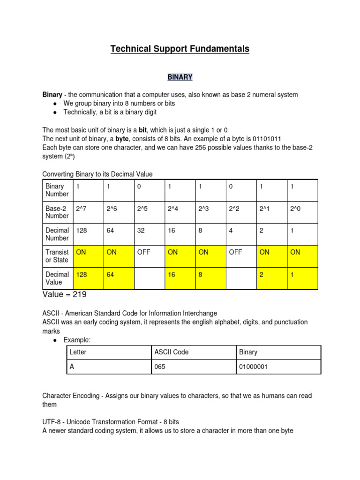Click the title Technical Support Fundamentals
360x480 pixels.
(x=180, y=49)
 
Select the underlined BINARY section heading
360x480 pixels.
(x=180, y=76)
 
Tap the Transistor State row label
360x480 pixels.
(x=57, y=256)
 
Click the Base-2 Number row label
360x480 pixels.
(x=57, y=212)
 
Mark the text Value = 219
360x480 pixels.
(x=64, y=295)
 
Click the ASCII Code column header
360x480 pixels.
(x=172, y=352)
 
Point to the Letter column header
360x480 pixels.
(x=78, y=352)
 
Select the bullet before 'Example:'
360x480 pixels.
(x=55, y=339)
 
